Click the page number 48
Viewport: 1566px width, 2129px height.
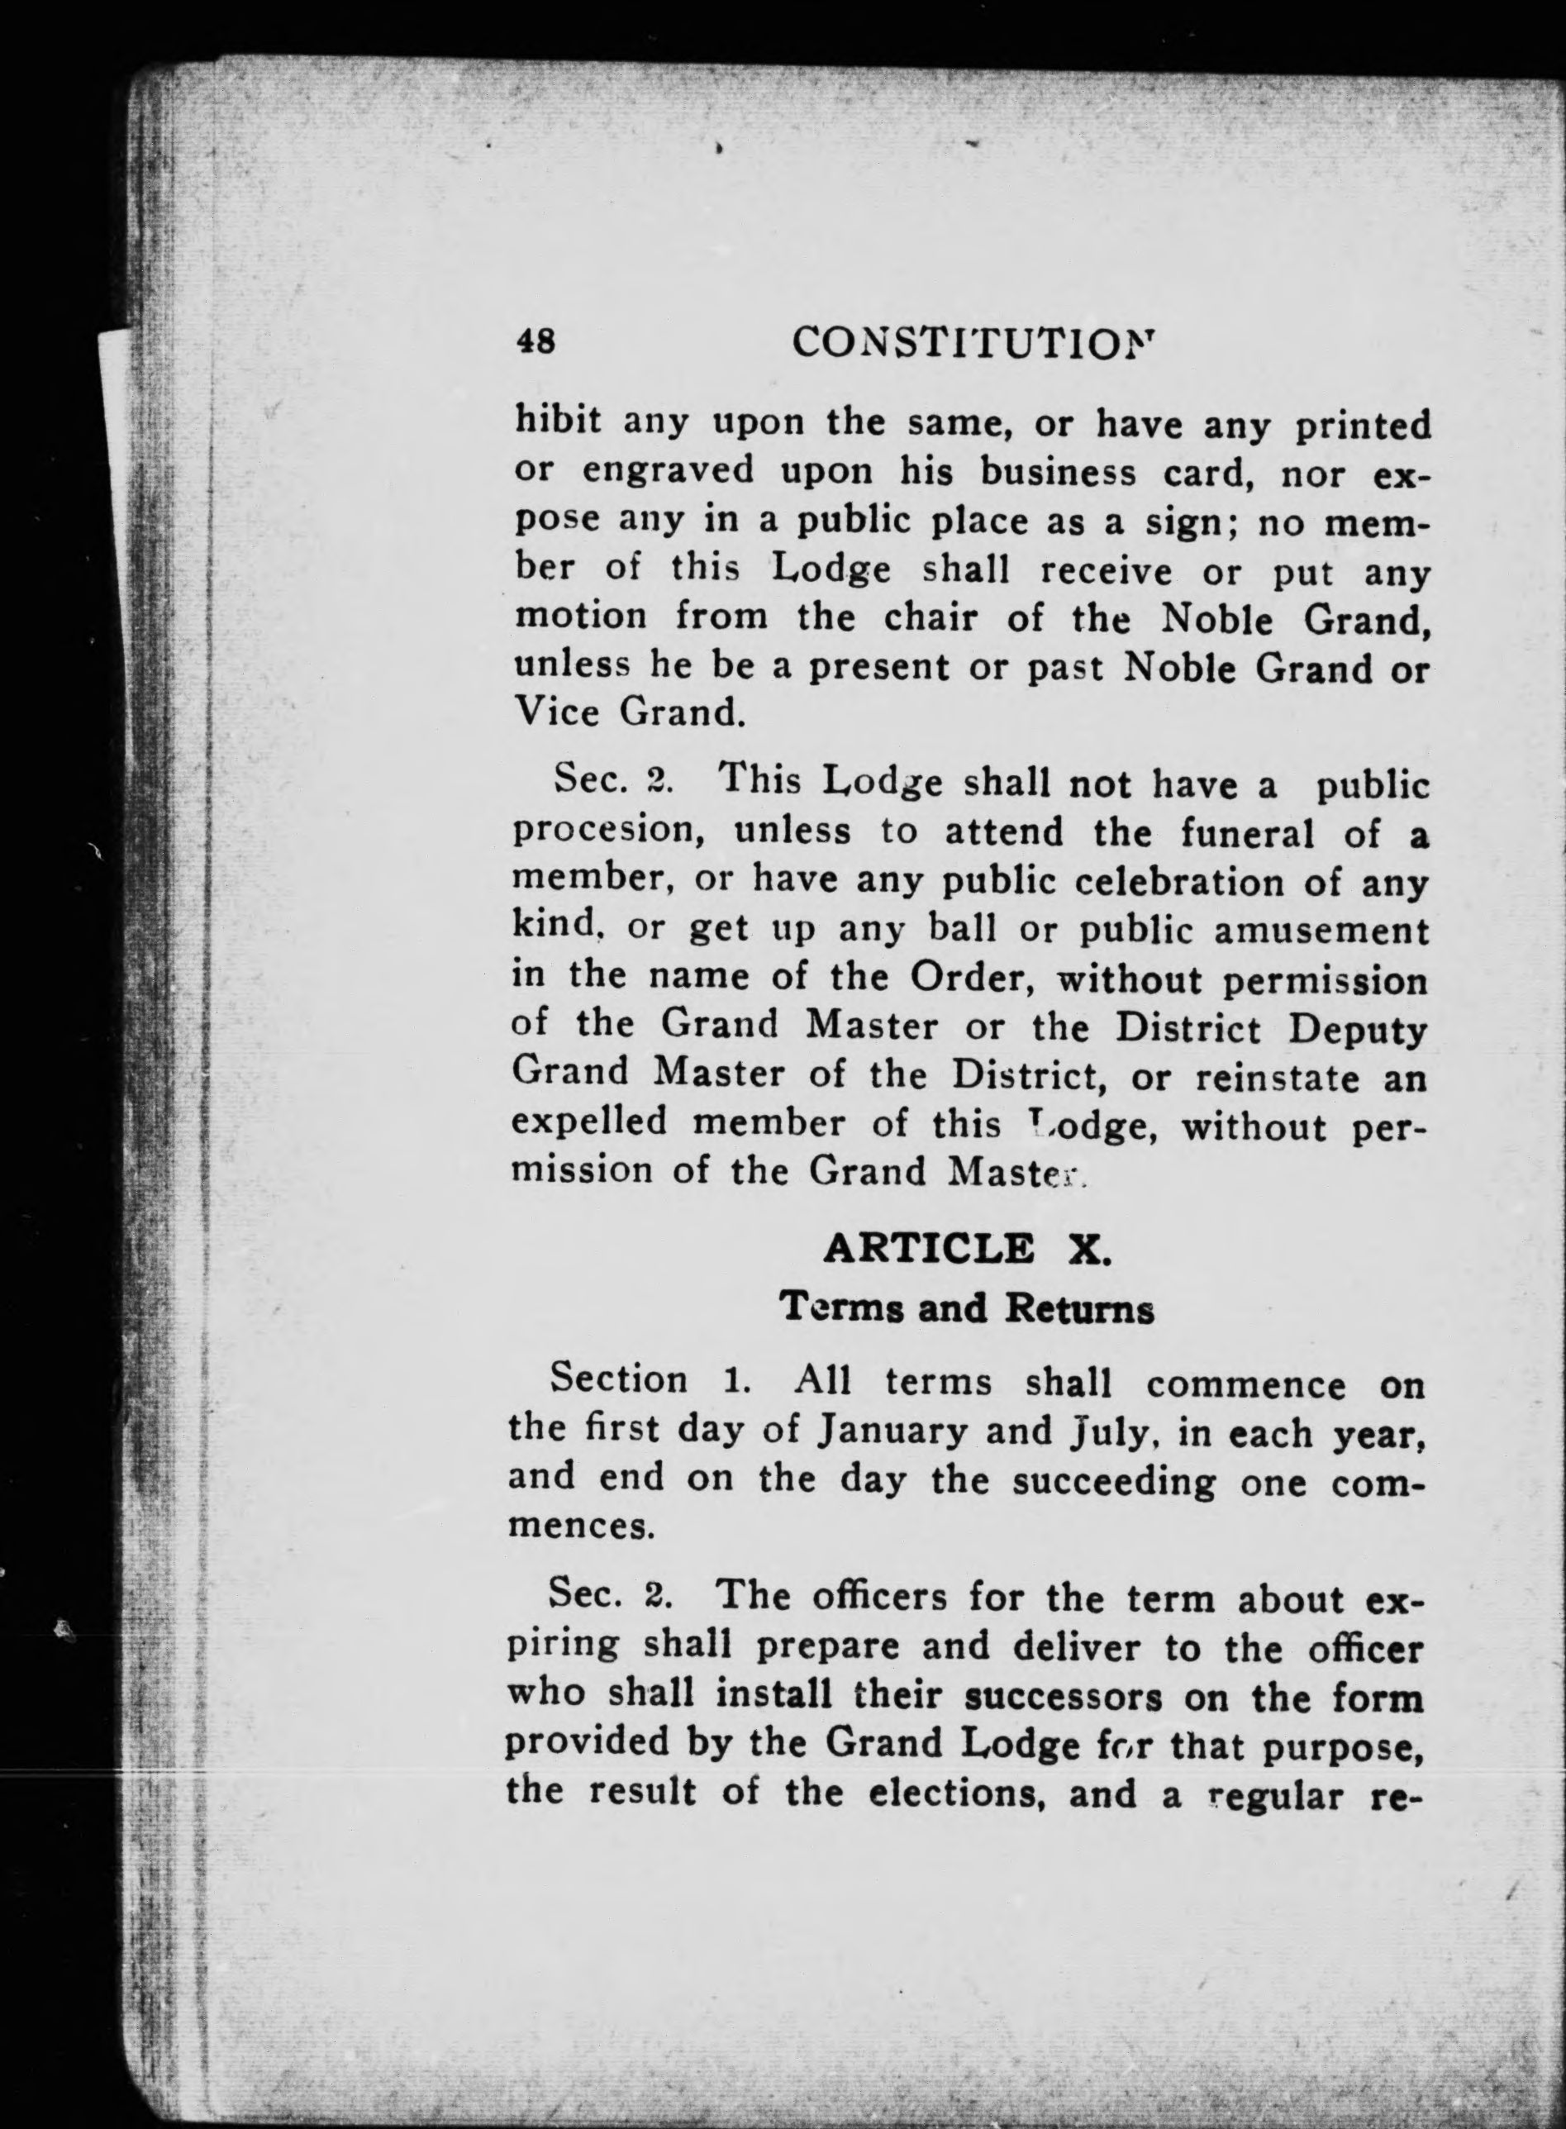[x=535, y=341]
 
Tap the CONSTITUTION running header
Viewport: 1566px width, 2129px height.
[x=974, y=341]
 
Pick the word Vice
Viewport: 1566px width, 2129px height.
[x=556, y=712]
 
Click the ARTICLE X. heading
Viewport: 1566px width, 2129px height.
[x=966, y=1249]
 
